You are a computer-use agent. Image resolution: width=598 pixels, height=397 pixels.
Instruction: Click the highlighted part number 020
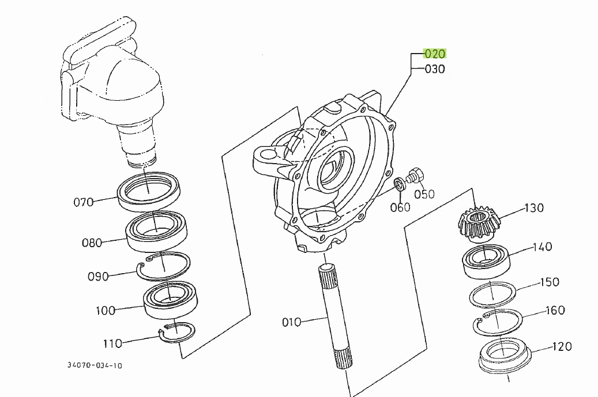(435, 54)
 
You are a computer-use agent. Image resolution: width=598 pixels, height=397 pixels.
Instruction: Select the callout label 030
(435, 69)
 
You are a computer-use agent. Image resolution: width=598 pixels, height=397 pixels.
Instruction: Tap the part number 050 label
(424, 194)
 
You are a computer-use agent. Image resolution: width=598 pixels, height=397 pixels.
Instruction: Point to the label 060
(400, 207)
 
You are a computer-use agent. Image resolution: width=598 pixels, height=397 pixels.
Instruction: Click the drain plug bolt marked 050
(414, 175)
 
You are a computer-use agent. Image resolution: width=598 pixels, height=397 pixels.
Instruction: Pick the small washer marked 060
(399, 184)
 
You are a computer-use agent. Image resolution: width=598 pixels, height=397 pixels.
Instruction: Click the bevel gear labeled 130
(478, 224)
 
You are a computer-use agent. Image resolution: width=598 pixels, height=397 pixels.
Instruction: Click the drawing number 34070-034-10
(95, 365)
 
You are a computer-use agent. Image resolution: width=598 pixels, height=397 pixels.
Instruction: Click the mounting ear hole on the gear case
(268, 156)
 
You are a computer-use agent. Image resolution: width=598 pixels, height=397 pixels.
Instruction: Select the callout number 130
(533, 207)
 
